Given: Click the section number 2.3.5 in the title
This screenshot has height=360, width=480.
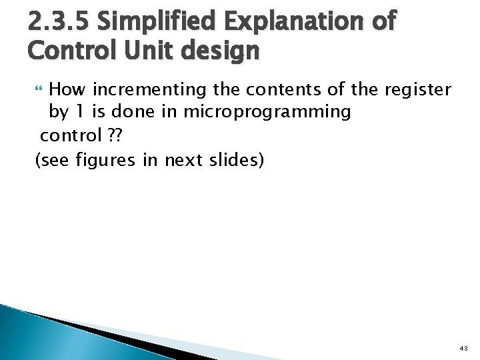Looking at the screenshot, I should pos(59,22).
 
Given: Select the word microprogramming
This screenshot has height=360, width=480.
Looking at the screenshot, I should pos(266,112).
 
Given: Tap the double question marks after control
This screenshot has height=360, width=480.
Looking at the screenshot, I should pos(115,135).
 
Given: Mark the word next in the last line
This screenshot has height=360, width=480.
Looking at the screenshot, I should pos(179,159).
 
